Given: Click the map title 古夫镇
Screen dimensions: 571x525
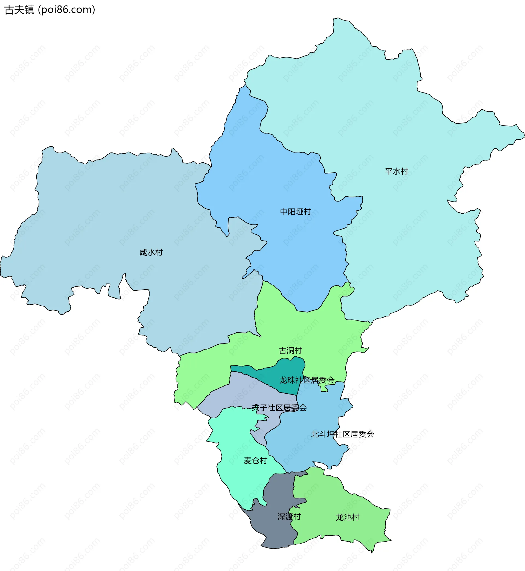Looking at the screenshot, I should pyautogui.click(x=19, y=10).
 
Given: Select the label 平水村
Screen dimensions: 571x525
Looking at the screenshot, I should pyautogui.click(x=396, y=171).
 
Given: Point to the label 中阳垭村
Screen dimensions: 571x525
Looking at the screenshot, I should pyautogui.click(x=296, y=212).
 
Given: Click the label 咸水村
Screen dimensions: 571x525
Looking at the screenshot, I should pyautogui.click(x=151, y=252).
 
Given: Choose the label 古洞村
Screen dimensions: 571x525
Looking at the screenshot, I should pyautogui.click(x=290, y=351).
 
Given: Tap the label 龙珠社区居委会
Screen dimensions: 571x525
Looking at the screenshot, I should pyautogui.click(x=307, y=380).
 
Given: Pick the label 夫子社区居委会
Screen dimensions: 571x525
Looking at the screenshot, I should pyautogui.click(x=279, y=408).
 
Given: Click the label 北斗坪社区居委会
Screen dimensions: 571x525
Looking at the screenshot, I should pyautogui.click(x=342, y=434).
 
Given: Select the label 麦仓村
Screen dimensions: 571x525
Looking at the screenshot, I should pyautogui.click(x=255, y=460).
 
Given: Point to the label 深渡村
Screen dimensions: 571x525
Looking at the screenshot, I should pyautogui.click(x=289, y=517).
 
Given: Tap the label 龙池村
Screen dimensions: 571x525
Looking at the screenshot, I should pyautogui.click(x=348, y=517).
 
